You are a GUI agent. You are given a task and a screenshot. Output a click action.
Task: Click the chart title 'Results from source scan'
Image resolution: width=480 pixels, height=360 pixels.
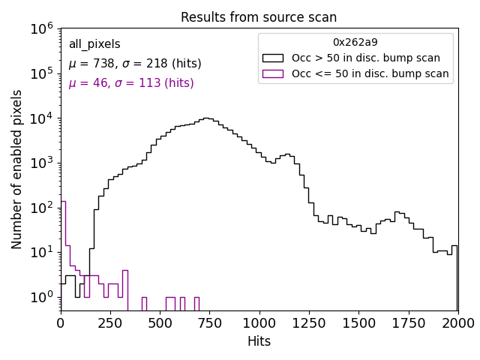(259, 17)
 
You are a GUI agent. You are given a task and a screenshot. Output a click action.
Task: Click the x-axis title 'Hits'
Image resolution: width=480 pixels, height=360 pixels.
(259, 341)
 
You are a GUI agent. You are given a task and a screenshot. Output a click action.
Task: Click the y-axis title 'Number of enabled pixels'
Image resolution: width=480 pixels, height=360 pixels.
(17, 169)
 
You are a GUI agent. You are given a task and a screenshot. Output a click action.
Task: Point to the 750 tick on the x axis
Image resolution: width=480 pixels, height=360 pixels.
(209, 311)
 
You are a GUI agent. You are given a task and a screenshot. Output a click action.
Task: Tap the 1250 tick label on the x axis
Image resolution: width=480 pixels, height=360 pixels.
(309, 323)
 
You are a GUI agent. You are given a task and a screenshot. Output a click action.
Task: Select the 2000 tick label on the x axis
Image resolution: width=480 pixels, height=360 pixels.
(457, 323)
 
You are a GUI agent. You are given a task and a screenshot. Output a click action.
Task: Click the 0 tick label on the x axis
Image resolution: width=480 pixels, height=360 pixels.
(61, 323)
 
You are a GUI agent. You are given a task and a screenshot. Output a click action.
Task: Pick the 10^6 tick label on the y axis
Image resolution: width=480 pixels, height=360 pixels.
(41, 28)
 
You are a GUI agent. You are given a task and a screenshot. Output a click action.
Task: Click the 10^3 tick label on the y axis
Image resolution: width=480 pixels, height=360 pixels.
(41, 163)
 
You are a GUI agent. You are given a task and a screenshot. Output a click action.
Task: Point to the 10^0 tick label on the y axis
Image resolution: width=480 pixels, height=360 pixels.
(41, 297)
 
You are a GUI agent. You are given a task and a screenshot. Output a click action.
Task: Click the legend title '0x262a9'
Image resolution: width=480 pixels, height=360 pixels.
(355, 42)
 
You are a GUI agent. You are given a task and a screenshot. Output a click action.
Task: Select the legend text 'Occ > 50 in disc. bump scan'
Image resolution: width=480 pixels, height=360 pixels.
(366, 58)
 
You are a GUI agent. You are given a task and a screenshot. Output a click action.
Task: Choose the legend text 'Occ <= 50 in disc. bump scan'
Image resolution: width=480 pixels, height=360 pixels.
(370, 73)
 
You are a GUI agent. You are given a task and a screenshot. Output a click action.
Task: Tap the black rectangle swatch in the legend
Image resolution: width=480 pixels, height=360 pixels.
(273, 58)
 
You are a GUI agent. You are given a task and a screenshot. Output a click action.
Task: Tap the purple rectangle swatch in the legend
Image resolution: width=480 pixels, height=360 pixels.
(273, 73)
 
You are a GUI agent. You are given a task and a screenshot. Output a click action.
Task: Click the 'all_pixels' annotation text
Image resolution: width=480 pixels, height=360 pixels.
(94, 44)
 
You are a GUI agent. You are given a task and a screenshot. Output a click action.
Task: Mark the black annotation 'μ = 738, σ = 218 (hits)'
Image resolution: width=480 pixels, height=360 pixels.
(135, 64)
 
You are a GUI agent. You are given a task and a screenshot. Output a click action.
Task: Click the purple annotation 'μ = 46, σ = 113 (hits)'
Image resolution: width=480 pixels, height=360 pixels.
(131, 83)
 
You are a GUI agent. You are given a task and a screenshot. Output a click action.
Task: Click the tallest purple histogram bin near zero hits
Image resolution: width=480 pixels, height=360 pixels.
(63, 225)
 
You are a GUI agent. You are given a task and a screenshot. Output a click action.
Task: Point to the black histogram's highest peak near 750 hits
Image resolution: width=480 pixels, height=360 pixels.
(206, 118)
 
